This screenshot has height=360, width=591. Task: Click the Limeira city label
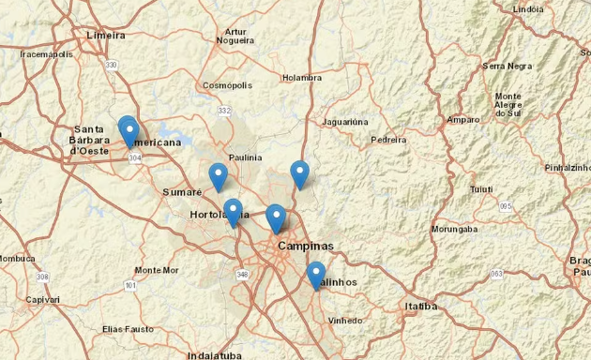(x=105, y=35)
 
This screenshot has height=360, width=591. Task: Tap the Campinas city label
(x=305, y=247)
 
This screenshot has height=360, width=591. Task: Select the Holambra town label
(x=302, y=78)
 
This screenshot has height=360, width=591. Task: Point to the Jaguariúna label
(x=344, y=122)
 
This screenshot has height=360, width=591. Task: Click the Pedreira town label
(x=388, y=139)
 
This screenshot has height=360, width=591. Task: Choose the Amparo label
(x=463, y=120)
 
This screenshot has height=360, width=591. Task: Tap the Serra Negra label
(x=507, y=66)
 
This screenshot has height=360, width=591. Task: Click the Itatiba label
(x=421, y=306)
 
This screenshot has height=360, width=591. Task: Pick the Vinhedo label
(x=345, y=321)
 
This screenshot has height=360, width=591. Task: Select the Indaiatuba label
(x=215, y=355)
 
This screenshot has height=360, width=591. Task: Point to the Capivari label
(x=42, y=300)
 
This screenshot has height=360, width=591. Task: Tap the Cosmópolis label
(x=227, y=85)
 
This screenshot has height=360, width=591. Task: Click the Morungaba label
(x=454, y=229)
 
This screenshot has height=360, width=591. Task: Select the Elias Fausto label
(x=128, y=330)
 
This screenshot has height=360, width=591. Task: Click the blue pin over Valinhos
(x=315, y=275)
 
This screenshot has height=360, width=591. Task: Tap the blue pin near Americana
(x=129, y=130)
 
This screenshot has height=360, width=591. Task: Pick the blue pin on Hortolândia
(x=233, y=213)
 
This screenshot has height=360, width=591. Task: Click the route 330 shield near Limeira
(x=112, y=65)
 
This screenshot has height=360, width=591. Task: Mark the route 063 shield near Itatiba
(x=496, y=274)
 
